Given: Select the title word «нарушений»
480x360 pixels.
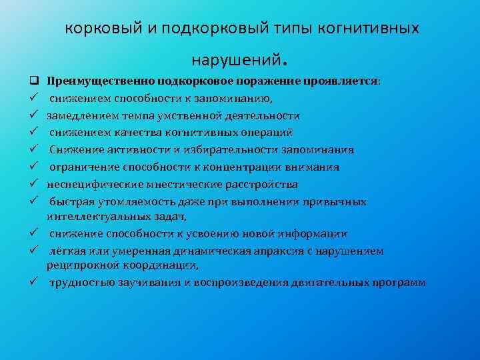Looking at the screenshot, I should coord(234,60).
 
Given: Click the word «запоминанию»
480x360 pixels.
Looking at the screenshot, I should coord(231,99).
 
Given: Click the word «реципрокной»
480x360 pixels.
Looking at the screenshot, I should coord(77,265).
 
